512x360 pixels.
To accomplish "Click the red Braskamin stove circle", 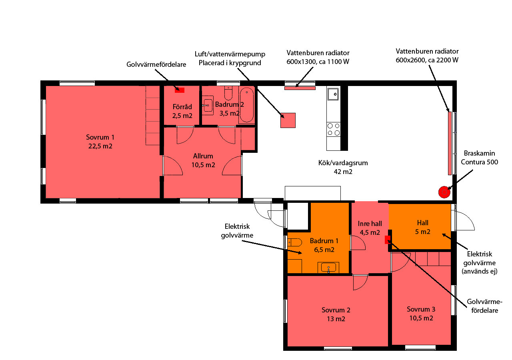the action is coord(444,192).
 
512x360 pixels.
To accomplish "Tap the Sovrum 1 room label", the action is coord(100,142).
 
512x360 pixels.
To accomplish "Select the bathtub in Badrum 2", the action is coord(247,105).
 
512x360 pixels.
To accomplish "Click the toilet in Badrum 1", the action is coord(295,242).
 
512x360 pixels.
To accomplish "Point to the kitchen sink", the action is coord(333,94).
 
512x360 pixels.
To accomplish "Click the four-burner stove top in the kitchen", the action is coord(334,129).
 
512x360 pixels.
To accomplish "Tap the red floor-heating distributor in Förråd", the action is coord(180,90).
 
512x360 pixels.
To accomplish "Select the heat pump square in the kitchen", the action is coord(288,120).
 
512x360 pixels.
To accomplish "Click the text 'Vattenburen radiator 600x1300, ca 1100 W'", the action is coord(318,57).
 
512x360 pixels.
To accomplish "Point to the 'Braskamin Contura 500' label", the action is coord(479,158).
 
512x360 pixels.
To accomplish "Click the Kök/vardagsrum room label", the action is coord(343,167).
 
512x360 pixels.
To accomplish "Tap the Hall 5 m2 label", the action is coord(423,227).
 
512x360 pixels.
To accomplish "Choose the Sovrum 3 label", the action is coord(421,314).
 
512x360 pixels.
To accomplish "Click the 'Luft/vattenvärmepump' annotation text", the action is coord(230,54).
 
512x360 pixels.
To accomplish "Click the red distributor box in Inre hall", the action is coord(388,240).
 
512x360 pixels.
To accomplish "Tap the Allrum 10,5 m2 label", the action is coord(203,160).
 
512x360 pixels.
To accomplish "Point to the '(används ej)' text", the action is coord(480,271).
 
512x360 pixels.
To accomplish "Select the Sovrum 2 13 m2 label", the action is coord(336,314).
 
